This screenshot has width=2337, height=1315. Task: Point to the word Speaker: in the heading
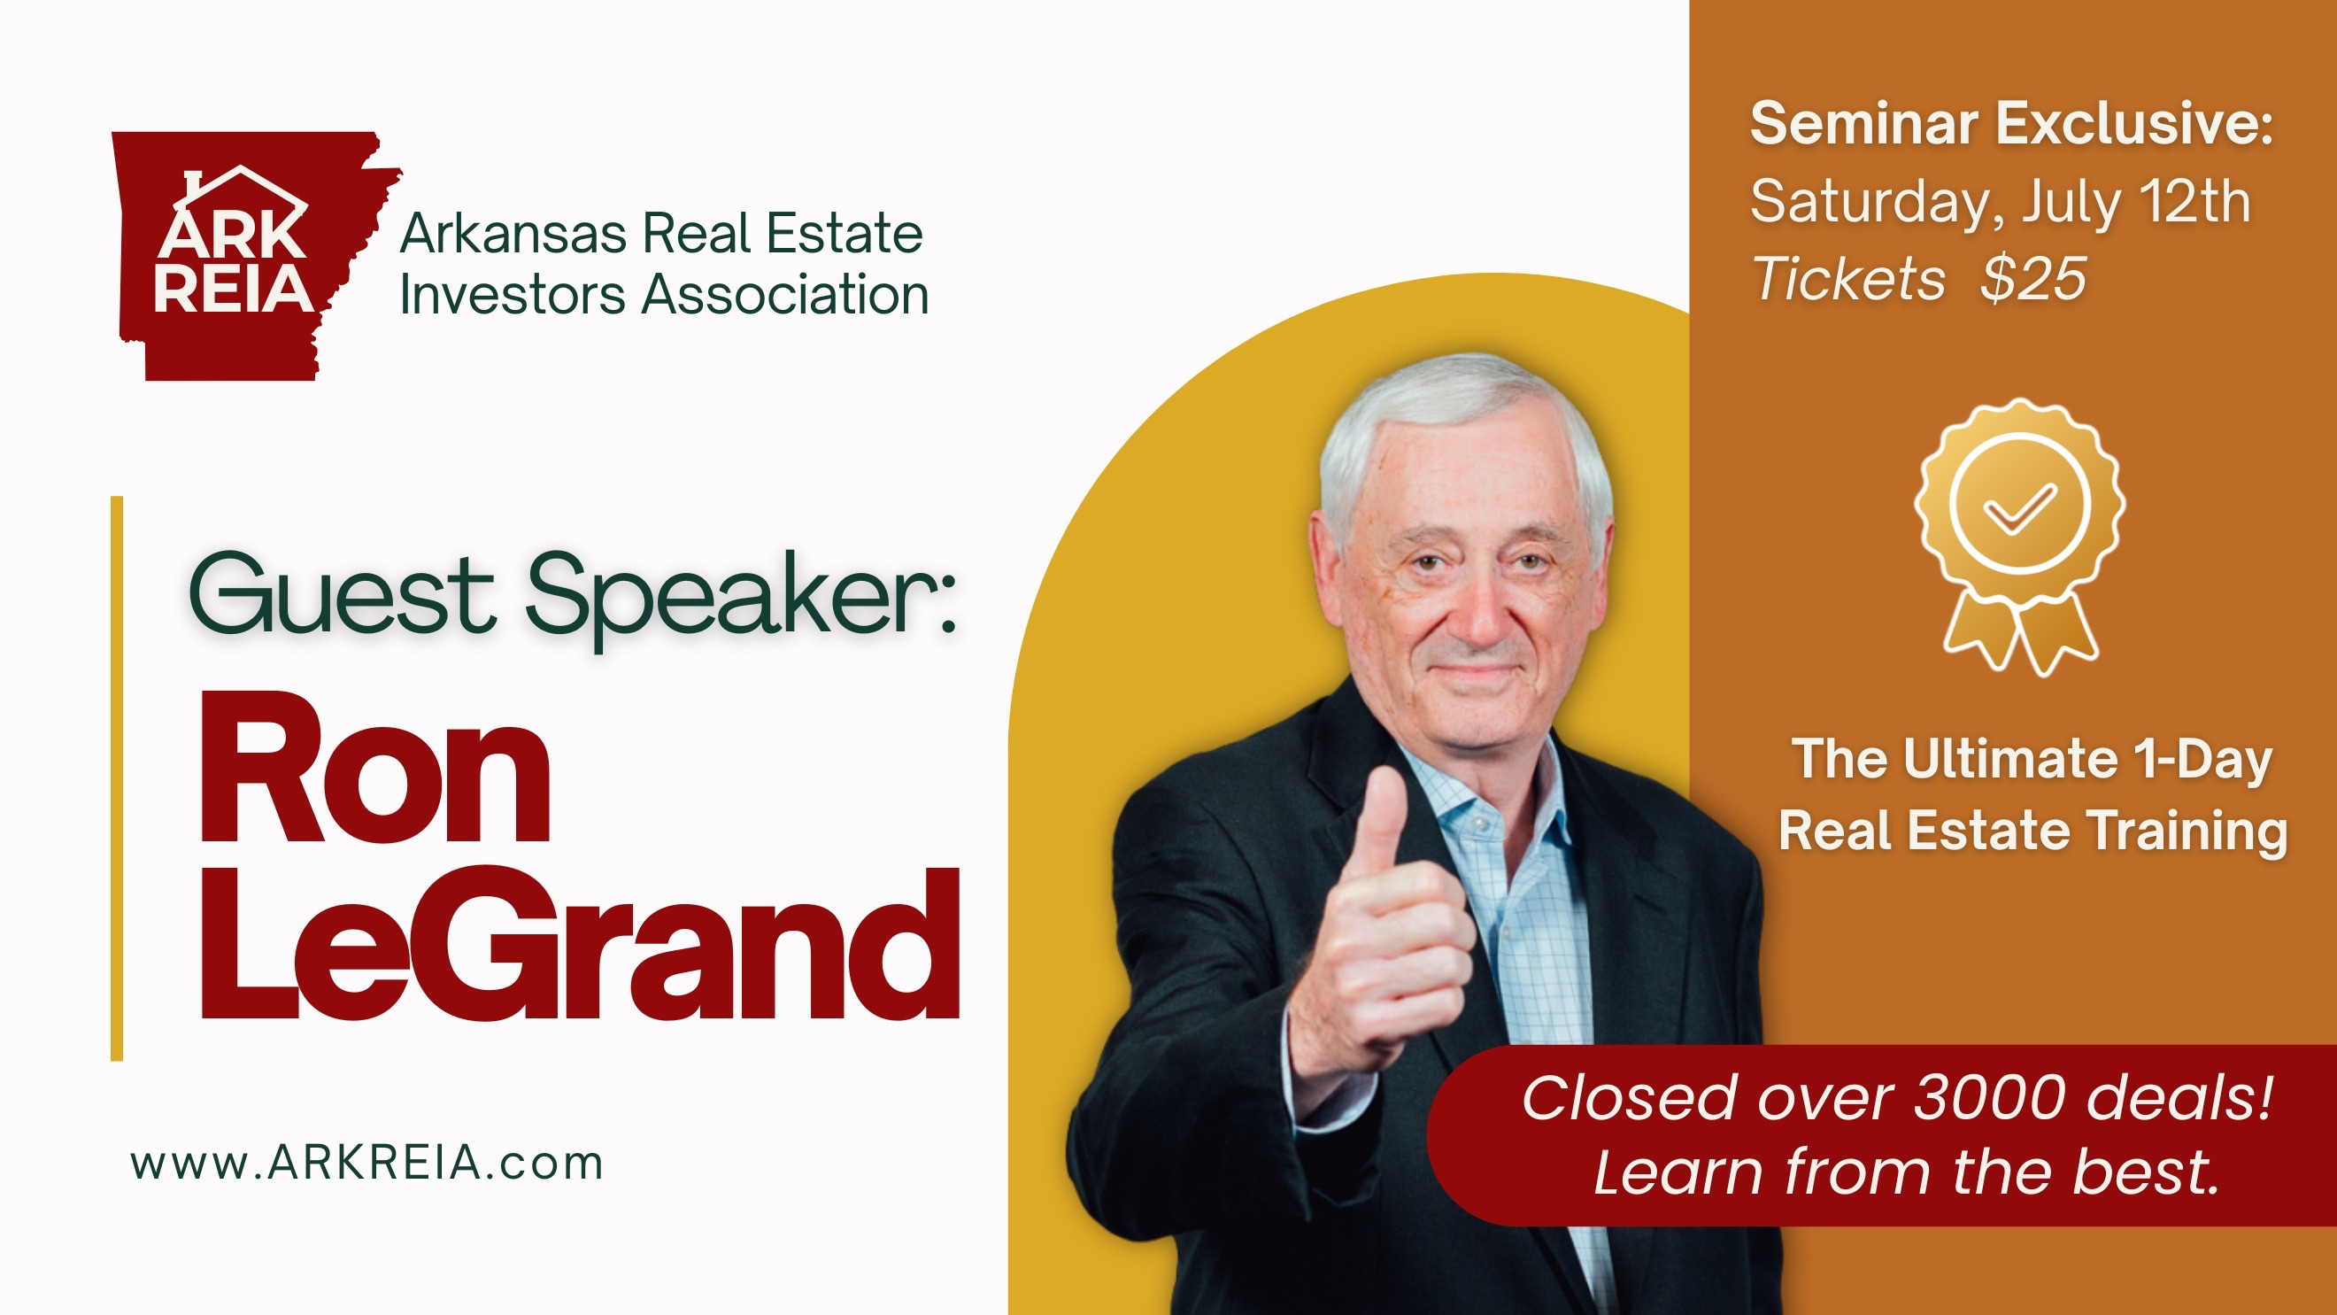[742, 599]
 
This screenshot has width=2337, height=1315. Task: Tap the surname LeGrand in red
[580, 944]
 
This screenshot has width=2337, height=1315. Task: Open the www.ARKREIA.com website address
[366, 1163]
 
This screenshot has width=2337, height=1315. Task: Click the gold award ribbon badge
[2020, 537]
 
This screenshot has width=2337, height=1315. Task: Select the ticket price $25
[2033, 278]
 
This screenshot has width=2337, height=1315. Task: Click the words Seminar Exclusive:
[2011, 123]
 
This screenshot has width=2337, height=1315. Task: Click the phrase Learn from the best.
[1906, 1172]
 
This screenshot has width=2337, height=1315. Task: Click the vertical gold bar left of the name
[116, 777]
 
